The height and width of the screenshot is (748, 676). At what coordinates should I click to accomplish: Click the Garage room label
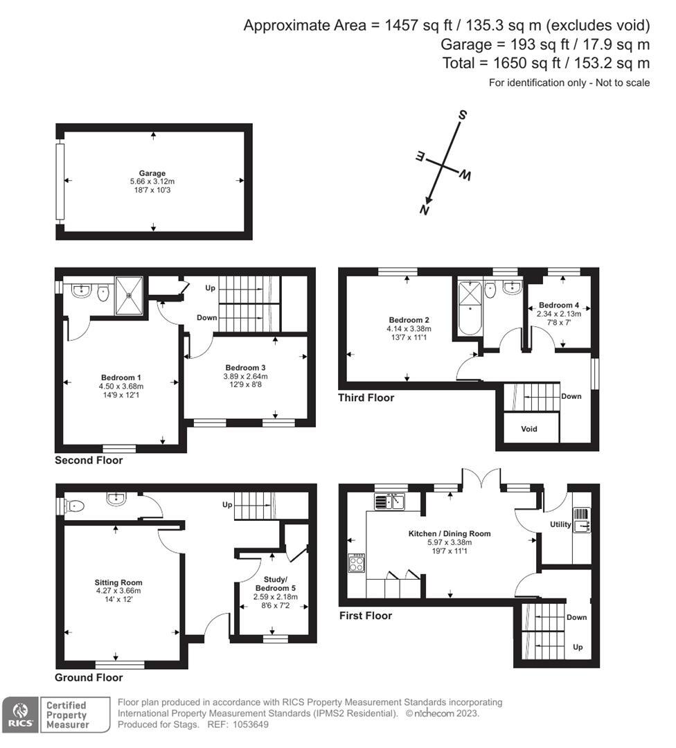pyautogui.click(x=152, y=173)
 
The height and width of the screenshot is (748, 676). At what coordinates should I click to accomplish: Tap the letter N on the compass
pyautogui.click(x=425, y=211)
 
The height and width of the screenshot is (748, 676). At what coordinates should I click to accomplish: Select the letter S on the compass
pyautogui.click(x=463, y=116)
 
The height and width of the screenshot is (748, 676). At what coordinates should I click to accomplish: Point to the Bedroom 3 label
pyautogui.click(x=245, y=367)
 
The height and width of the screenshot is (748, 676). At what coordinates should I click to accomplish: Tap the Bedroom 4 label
pyautogui.click(x=559, y=305)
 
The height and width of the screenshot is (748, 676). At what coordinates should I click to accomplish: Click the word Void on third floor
pyautogui.click(x=528, y=429)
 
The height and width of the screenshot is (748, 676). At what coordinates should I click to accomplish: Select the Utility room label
pyautogui.click(x=560, y=524)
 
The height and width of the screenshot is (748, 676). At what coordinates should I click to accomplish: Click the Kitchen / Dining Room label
pyautogui.click(x=450, y=533)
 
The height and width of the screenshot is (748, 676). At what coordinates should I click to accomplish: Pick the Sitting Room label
pyautogui.click(x=118, y=582)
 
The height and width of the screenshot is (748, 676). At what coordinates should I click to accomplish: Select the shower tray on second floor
pyautogui.click(x=130, y=295)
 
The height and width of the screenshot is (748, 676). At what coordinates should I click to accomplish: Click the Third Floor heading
pyautogui.click(x=366, y=398)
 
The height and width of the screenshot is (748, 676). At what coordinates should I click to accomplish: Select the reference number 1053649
pyautogui.click(x=251, y=724)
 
